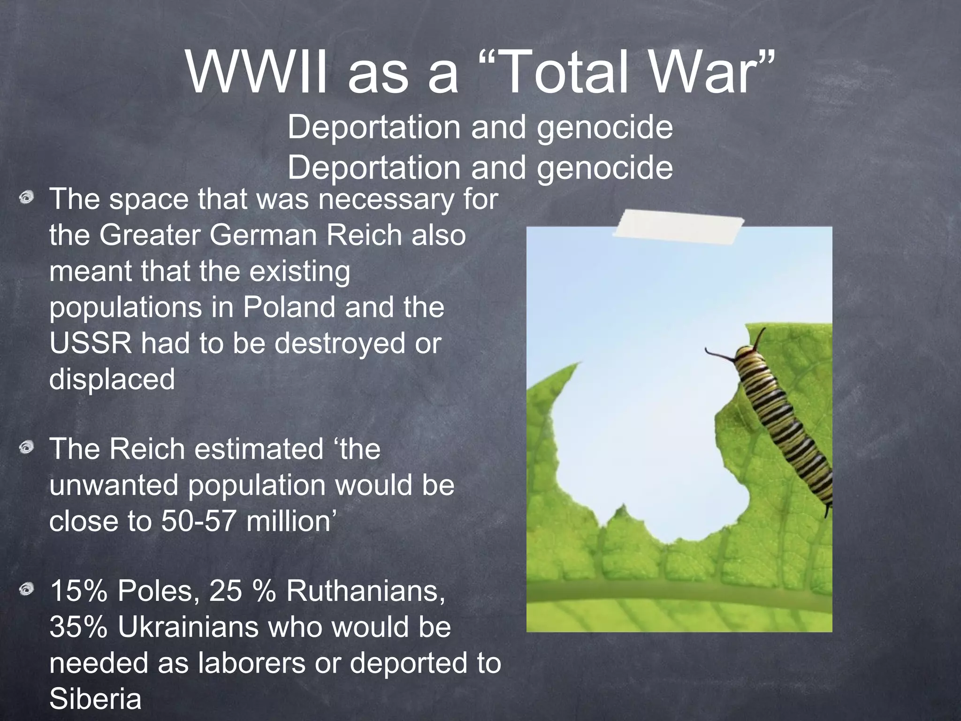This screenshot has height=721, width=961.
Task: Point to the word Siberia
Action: coord(95,699)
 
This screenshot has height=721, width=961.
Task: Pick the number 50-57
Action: coord(198,521)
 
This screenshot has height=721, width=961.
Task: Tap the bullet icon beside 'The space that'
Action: coord(27,198)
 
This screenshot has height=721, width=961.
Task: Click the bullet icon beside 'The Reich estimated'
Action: coord(27,448)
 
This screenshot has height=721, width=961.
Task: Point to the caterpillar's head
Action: coord(746,354)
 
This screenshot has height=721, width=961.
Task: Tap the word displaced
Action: coord(112,379)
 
